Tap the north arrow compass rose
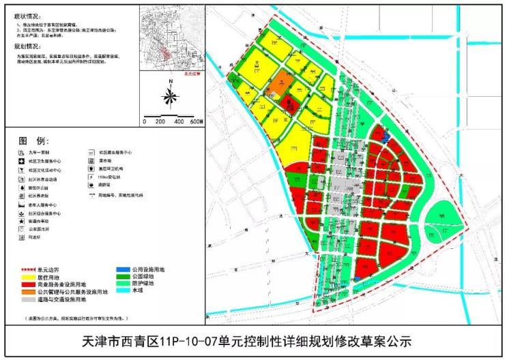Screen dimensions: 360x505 pyautogui.click(x=169, y=95)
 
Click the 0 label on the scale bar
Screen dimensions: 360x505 pyautogui.click(x=145, y=121)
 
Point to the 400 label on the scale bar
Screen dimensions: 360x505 pyautogui.click(x=178, y=121)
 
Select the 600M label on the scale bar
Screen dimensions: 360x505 pyautogui.click(x=196, y=121)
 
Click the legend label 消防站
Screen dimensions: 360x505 pyautogui.click(x=109, y=184)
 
